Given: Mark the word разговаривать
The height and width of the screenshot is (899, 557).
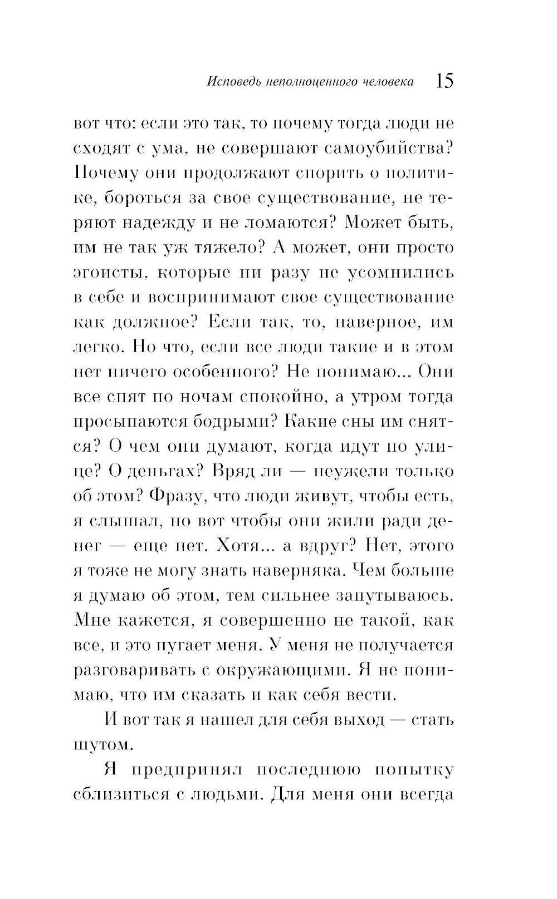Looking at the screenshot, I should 132,670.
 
